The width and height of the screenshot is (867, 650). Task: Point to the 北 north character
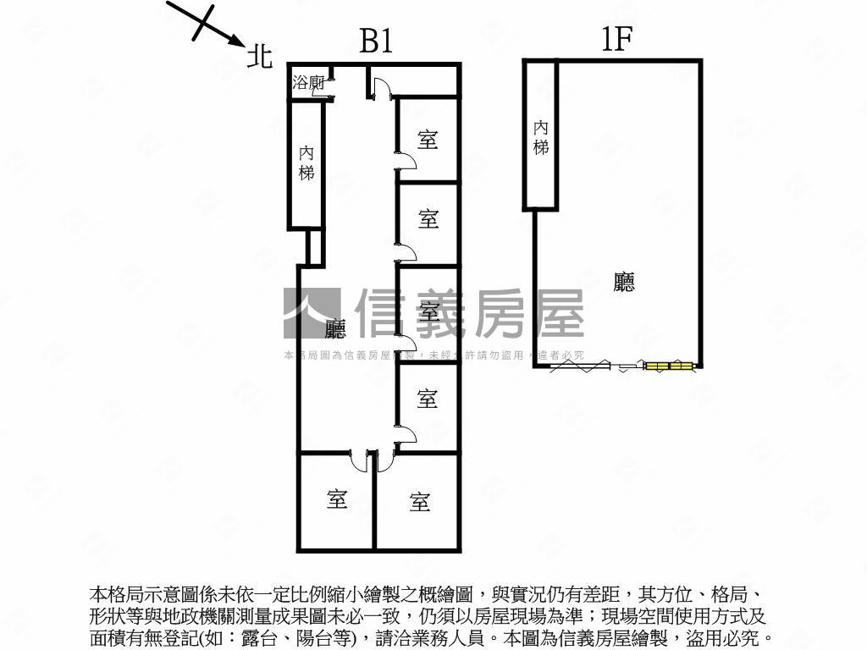pos(259,56)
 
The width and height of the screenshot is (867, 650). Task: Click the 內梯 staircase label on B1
pos(306,163)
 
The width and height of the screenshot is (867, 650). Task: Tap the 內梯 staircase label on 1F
pos(540,137)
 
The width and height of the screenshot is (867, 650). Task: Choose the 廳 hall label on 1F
pos(624,282)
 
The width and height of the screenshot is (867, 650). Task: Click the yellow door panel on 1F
pos(670,366)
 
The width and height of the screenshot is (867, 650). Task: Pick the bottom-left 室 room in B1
pos(337,500)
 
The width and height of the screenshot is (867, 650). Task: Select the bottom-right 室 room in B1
pos(419,502)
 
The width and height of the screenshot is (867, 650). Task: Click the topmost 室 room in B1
pos(428,140)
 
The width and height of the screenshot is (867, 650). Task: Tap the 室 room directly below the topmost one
pos(428,219)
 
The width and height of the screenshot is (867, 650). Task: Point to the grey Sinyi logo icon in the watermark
pos(312,313)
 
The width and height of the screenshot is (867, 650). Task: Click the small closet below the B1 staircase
pos(314,246)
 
